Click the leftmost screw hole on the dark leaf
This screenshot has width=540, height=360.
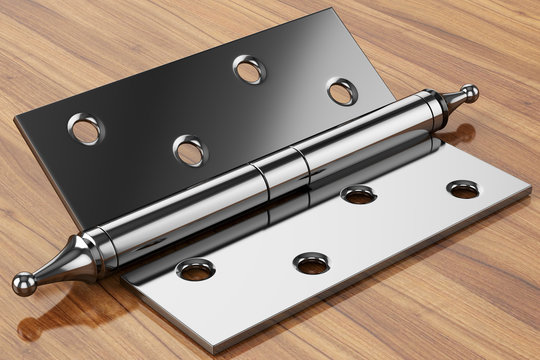85,128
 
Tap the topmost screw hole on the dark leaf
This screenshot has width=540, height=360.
249,69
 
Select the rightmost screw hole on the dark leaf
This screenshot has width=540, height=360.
342,92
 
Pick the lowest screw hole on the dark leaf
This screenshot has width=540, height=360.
189,151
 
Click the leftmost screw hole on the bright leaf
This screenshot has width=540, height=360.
195,269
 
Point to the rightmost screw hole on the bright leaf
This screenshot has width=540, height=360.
462,188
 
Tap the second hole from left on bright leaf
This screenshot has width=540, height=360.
312,263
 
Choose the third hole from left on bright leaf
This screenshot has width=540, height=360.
357,194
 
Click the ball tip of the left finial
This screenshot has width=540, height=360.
22,284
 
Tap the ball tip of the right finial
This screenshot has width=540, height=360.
469,93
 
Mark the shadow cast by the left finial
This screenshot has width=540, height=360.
60,320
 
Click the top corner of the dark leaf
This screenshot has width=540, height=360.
327,10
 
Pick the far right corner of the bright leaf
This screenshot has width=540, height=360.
530,188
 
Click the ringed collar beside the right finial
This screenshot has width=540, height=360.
433,108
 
